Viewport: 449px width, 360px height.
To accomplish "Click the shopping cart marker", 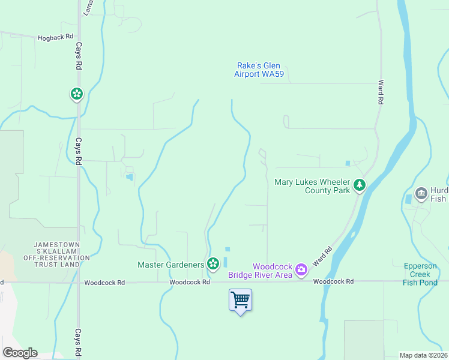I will [240, 299].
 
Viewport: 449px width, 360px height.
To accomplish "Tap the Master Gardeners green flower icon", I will [212, 264].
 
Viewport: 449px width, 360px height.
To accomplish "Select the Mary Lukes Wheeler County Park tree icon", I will [360, 185].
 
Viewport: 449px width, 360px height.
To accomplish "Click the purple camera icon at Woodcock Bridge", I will [301, 270].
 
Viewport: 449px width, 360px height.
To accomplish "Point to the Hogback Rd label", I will [55, 37].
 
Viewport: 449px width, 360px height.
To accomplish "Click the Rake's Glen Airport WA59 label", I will [259, 70].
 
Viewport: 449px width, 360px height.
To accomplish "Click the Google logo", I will [20, 353].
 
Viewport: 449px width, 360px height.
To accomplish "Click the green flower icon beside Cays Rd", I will [77, 94].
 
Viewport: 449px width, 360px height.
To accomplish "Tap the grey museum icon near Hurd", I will [420, 193].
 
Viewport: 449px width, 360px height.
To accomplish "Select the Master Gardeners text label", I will [170, 265].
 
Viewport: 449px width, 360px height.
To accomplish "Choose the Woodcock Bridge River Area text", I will [260, 271].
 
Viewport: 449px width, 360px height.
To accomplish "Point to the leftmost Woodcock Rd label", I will [104, 282].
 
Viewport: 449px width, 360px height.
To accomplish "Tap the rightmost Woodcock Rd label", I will [333, 281].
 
